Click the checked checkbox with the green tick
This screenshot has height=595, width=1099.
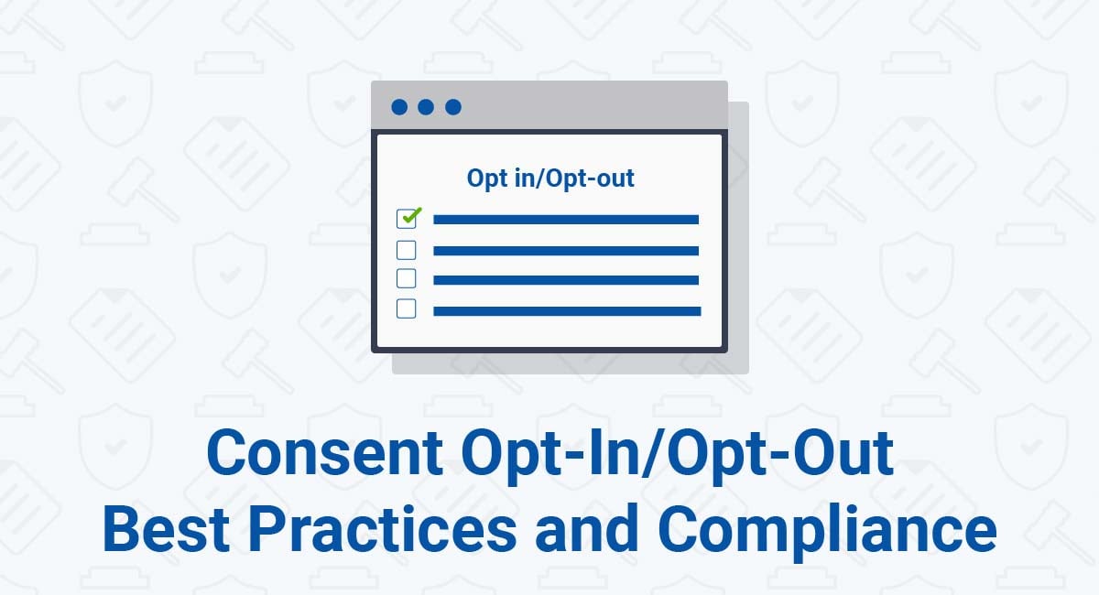click(x=407, y=219)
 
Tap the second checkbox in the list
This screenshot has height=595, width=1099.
click(x=407, y=250)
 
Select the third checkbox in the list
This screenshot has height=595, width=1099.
click(x=407, y=278)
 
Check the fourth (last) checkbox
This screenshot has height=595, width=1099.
click(x=407, y=308)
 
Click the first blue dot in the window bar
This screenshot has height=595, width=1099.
click(x=399, y=107)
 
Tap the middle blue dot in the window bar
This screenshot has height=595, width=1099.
click(x=426, y=107)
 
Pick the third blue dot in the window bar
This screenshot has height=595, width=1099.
click(x=453, y=107)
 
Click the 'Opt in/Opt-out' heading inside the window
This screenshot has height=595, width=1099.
click(x=550, y=178)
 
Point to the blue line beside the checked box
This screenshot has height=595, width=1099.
click(x=566, y=220)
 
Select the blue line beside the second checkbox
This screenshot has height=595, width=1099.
click(x=566, y=251)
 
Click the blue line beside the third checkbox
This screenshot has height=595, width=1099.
click(x=566, y=280)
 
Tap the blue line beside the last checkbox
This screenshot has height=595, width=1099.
click(x=567, y=311)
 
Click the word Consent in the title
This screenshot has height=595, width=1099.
click(x=325, y=452)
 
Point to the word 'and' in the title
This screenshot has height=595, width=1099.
click(x=587, y=529)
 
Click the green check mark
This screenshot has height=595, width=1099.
click(x=412, y=215)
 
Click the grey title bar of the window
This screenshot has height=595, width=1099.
click(x=549, y=105)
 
